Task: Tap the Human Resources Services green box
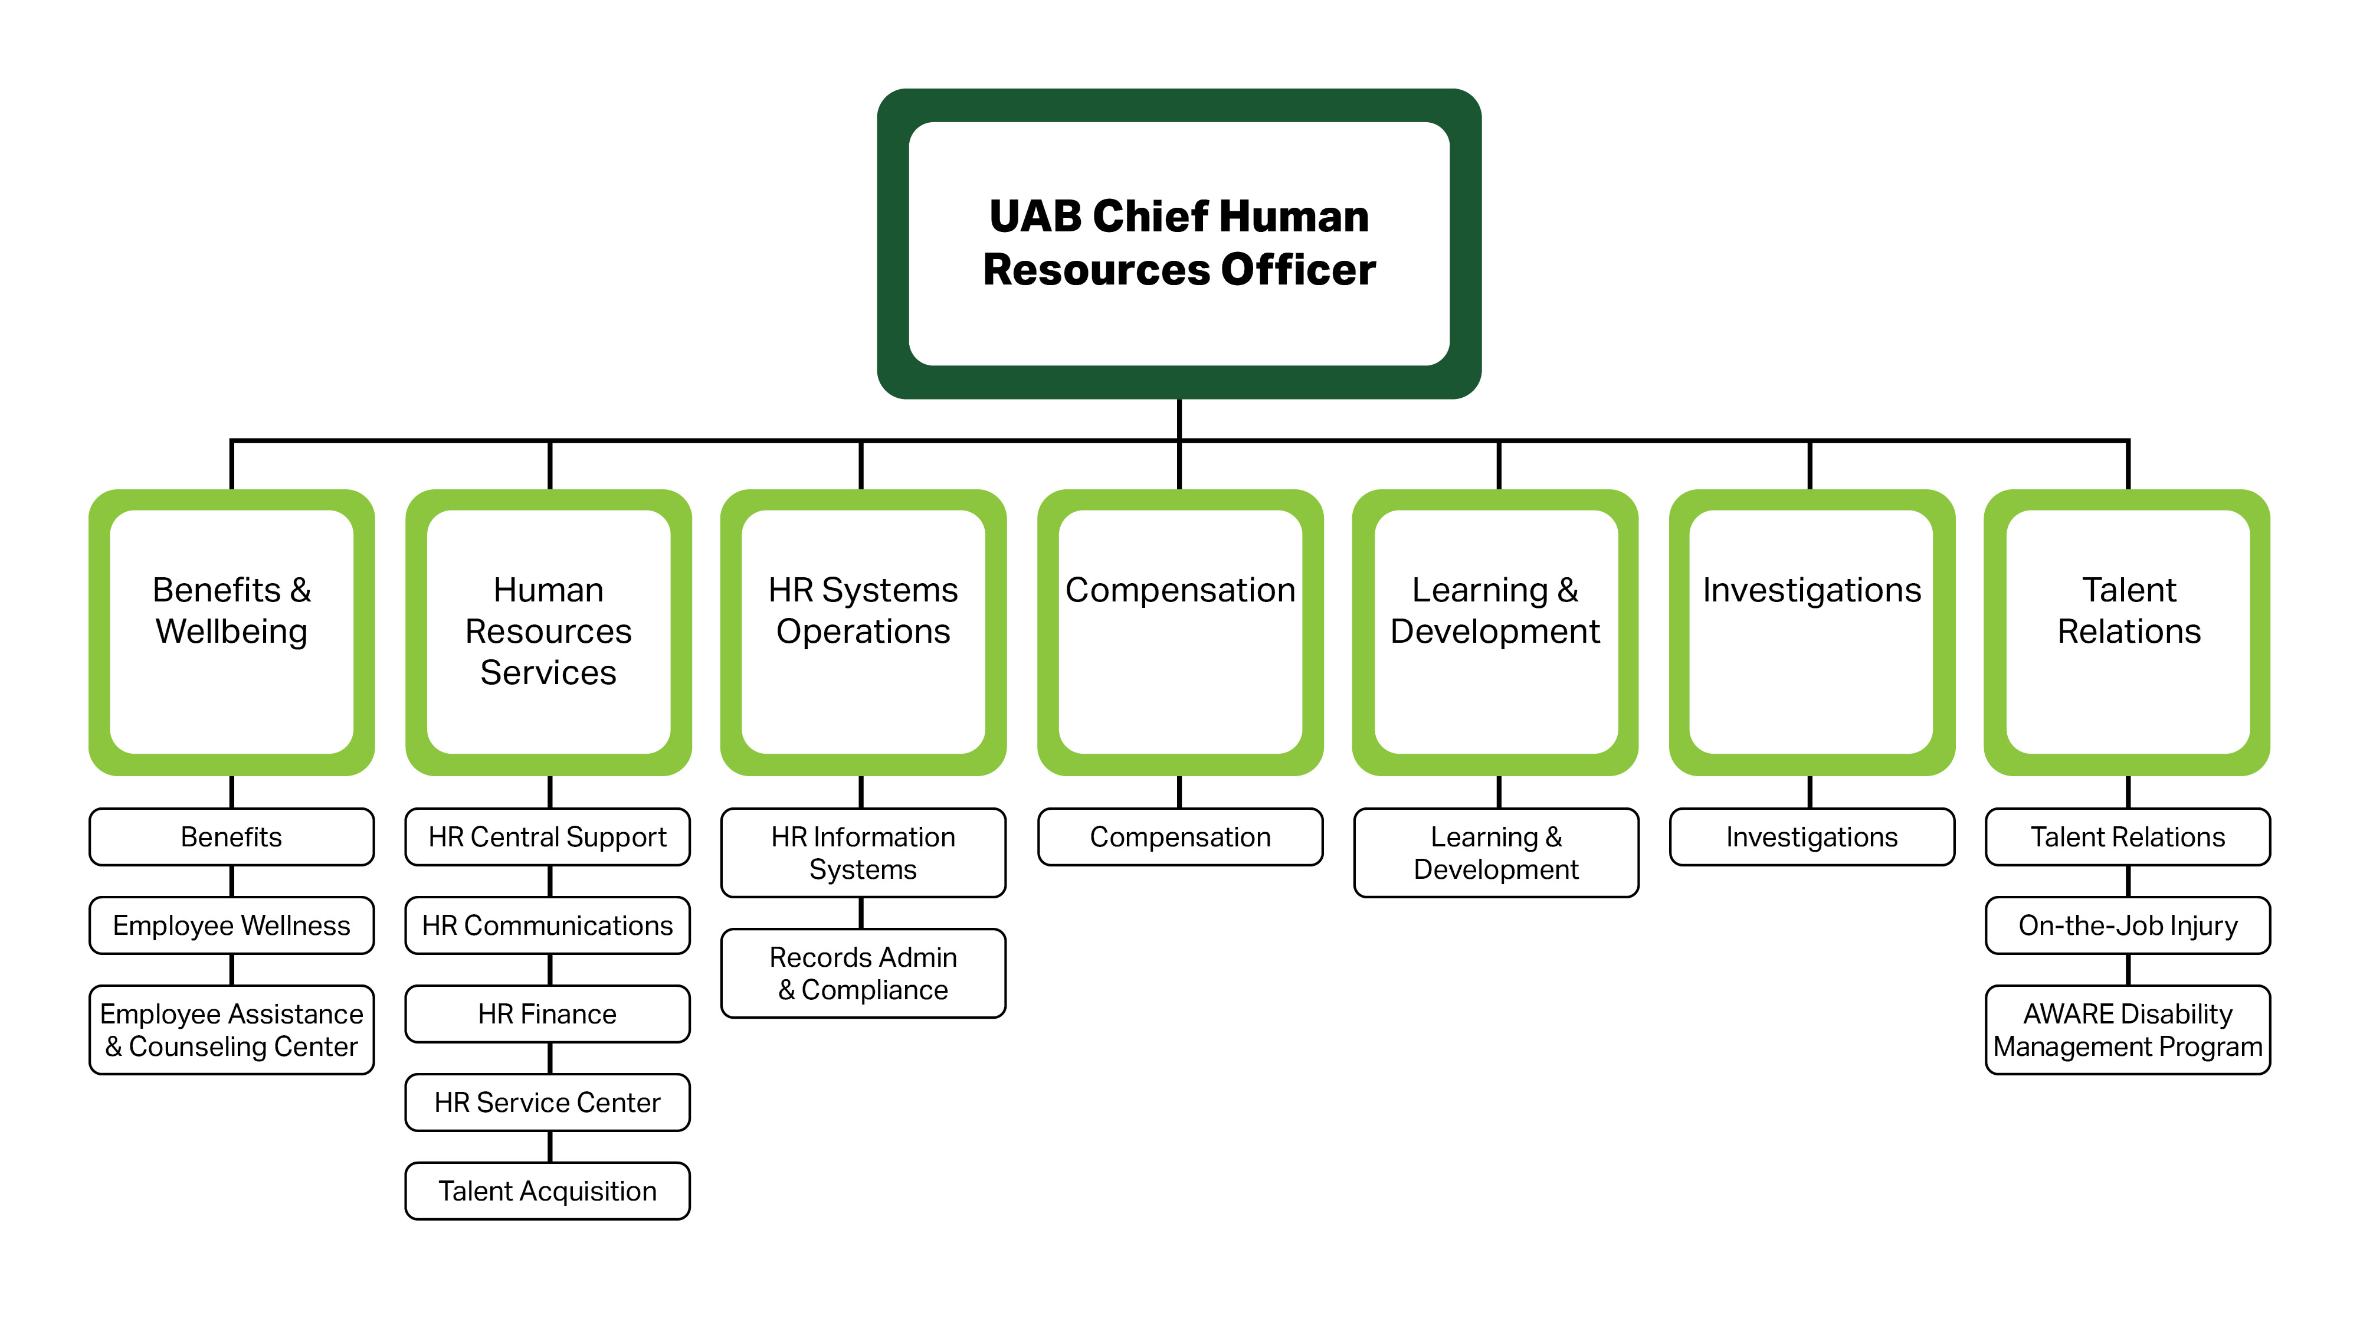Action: (548, 632)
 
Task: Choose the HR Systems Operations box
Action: (863, 632)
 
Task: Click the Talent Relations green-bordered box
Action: (2128, 632)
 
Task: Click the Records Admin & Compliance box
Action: (863, 973)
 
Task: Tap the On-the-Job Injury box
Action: (2128, 925)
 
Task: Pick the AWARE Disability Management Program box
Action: (2128, 1029)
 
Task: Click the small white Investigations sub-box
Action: (1811, 837)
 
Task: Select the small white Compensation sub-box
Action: (1180, 837)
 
